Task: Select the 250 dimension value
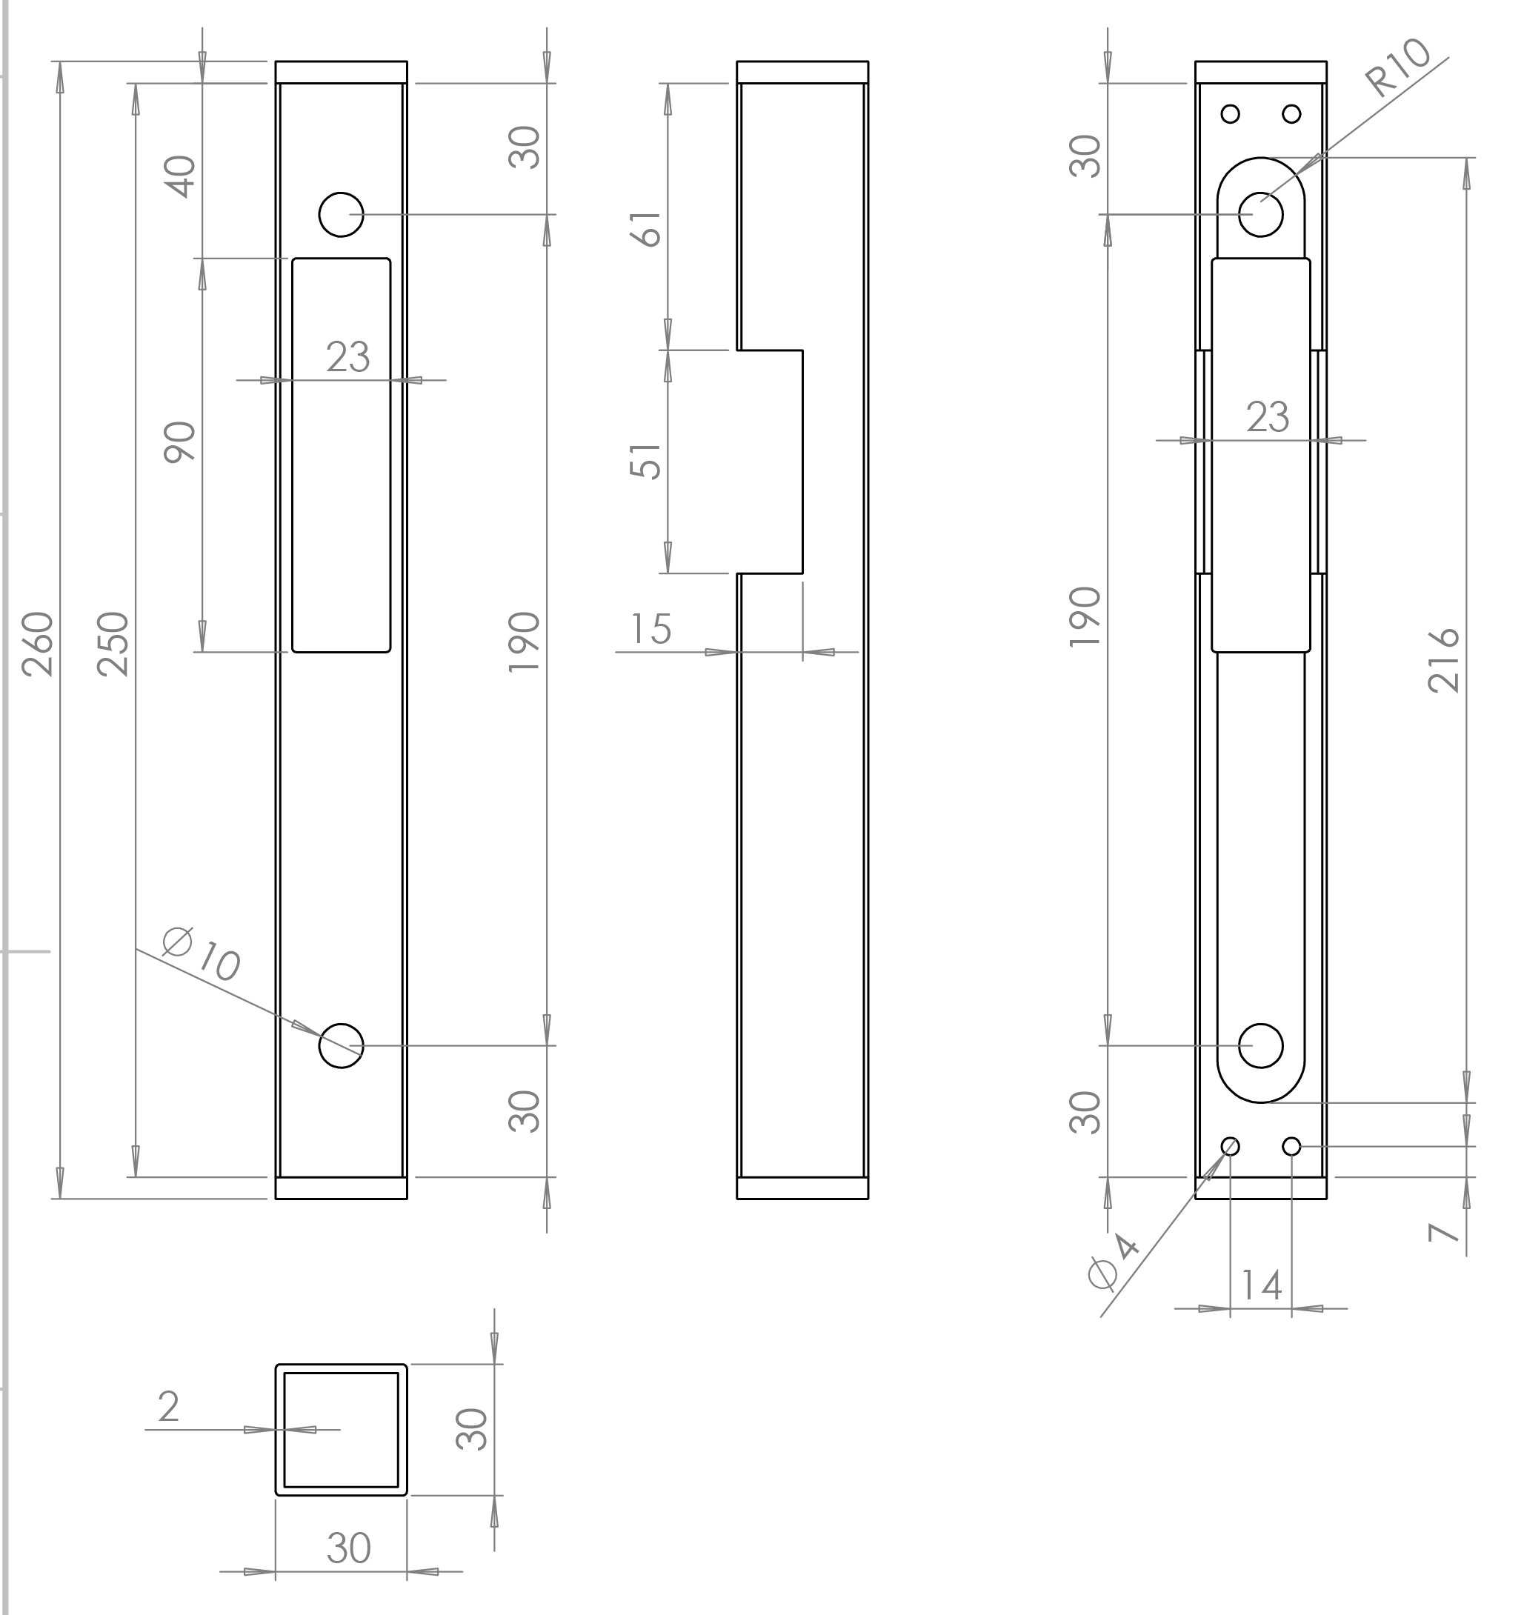113,645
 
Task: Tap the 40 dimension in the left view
180,176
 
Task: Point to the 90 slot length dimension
180,442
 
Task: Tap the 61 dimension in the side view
647,228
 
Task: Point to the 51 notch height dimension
647,461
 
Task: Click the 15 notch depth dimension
650,629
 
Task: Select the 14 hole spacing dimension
1262,1286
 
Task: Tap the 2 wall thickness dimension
168,1406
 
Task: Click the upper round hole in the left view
342,214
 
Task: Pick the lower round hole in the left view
342,1045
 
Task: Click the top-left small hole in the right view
1230,114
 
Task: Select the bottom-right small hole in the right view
1291,1146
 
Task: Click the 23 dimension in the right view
1268,417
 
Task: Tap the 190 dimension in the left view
524,642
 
